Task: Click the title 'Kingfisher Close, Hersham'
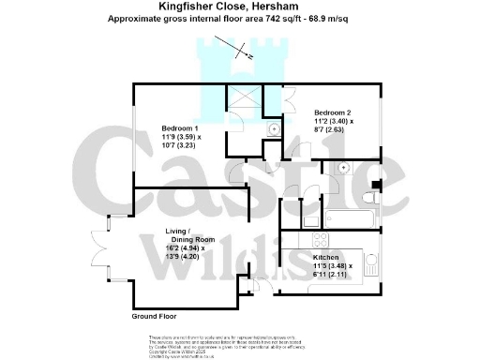tap(239, 7)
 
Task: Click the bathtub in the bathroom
tap(349, 219)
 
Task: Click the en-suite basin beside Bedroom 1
tap(274, 129)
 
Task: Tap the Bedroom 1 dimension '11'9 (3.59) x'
tap(180, 137)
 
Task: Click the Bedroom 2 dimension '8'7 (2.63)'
tap(332, 131)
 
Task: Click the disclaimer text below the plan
tap(239, 343)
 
